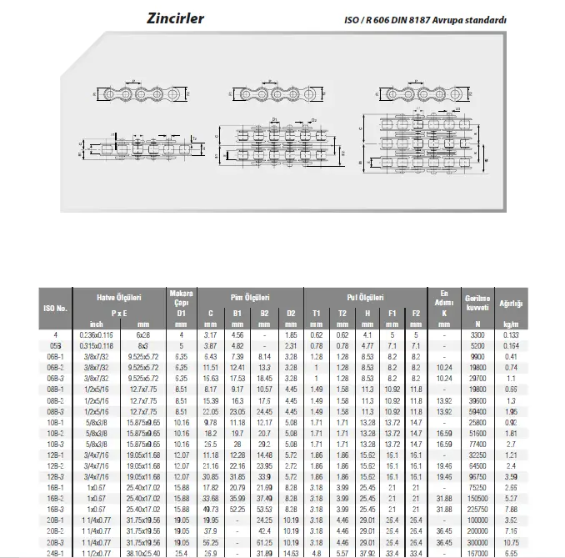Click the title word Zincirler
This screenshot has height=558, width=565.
point(175,18)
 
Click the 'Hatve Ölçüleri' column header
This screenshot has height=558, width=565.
point(120,297)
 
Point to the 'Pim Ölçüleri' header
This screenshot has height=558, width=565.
point(250,297)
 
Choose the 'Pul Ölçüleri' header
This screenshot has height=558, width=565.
point(364,297)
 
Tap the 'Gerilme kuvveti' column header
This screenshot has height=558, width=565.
point(477,302)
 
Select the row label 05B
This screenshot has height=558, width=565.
point(56,344)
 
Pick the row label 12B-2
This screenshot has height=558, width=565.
point(56,465)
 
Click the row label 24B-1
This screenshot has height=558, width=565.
point(56,551)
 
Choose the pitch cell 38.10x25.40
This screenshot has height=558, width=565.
point(144,551)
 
